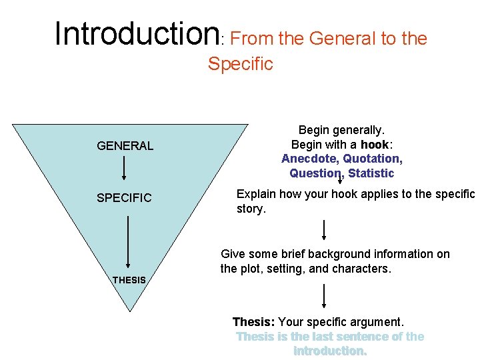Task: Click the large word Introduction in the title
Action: coord(137,33)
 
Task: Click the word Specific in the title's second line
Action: coord(240,64)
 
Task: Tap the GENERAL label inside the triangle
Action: coord(125,145)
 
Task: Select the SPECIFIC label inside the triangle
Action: coord(124,198)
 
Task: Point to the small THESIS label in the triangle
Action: coord(129,280)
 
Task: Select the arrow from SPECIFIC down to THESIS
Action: coord(127,241)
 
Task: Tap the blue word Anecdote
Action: coord(309,159)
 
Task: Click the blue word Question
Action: coord(315,173)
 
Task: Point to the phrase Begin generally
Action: coord(341,130)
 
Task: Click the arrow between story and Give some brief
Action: coord(324,229)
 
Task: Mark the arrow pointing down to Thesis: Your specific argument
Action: coord(324,295)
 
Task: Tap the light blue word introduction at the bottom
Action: coord(329,351)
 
